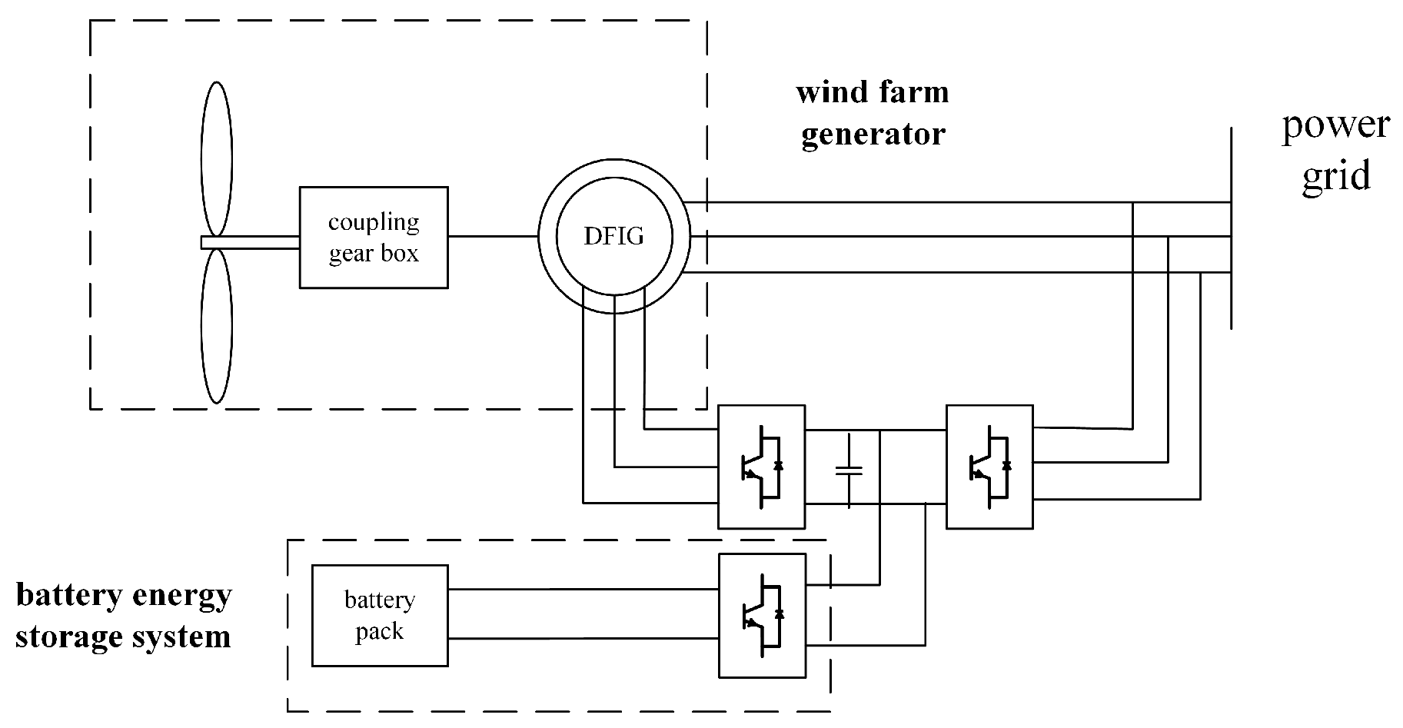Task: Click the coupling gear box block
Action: (373, 238)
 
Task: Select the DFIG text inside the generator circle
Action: (613, 236)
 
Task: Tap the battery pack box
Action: (379, 616)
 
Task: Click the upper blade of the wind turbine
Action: (216, 158)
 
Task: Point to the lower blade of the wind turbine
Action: (216, 326)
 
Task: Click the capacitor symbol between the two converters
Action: (849, 470)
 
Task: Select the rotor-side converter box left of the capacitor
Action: (761, 467)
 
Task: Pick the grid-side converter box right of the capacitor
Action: (989, 467)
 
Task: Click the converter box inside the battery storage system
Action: (762, 615)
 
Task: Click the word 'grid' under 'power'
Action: (1336, 176)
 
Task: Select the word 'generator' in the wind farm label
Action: (873, 135)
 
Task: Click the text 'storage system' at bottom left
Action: (123, 637)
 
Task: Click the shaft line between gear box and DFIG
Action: (492, 237)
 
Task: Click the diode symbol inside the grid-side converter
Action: (1006, 466)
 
